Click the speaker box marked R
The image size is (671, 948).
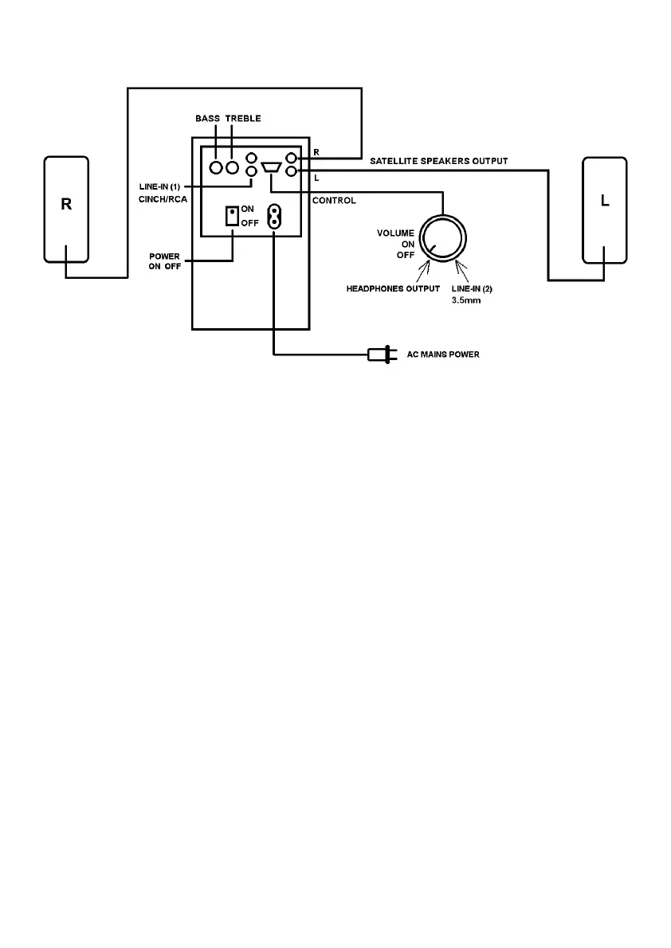point(66,209)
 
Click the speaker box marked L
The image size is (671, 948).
point(605,210)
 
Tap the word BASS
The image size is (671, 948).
point(208,119)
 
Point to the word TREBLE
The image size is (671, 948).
point(243,119)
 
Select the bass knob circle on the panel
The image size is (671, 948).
point(215,168)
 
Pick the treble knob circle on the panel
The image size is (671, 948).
point(233,168)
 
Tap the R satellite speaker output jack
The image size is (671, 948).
point(292,159)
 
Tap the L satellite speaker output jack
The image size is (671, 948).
point(292,170)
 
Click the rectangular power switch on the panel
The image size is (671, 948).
point(232,216)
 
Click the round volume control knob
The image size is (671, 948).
point(442,237)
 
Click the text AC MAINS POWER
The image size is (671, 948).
point(443,355)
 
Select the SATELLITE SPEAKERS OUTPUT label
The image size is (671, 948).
point(439,161)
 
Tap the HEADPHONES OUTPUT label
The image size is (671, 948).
point(392,288)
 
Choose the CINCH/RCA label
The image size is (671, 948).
point(163,199)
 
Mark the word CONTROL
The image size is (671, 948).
point(334,201)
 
